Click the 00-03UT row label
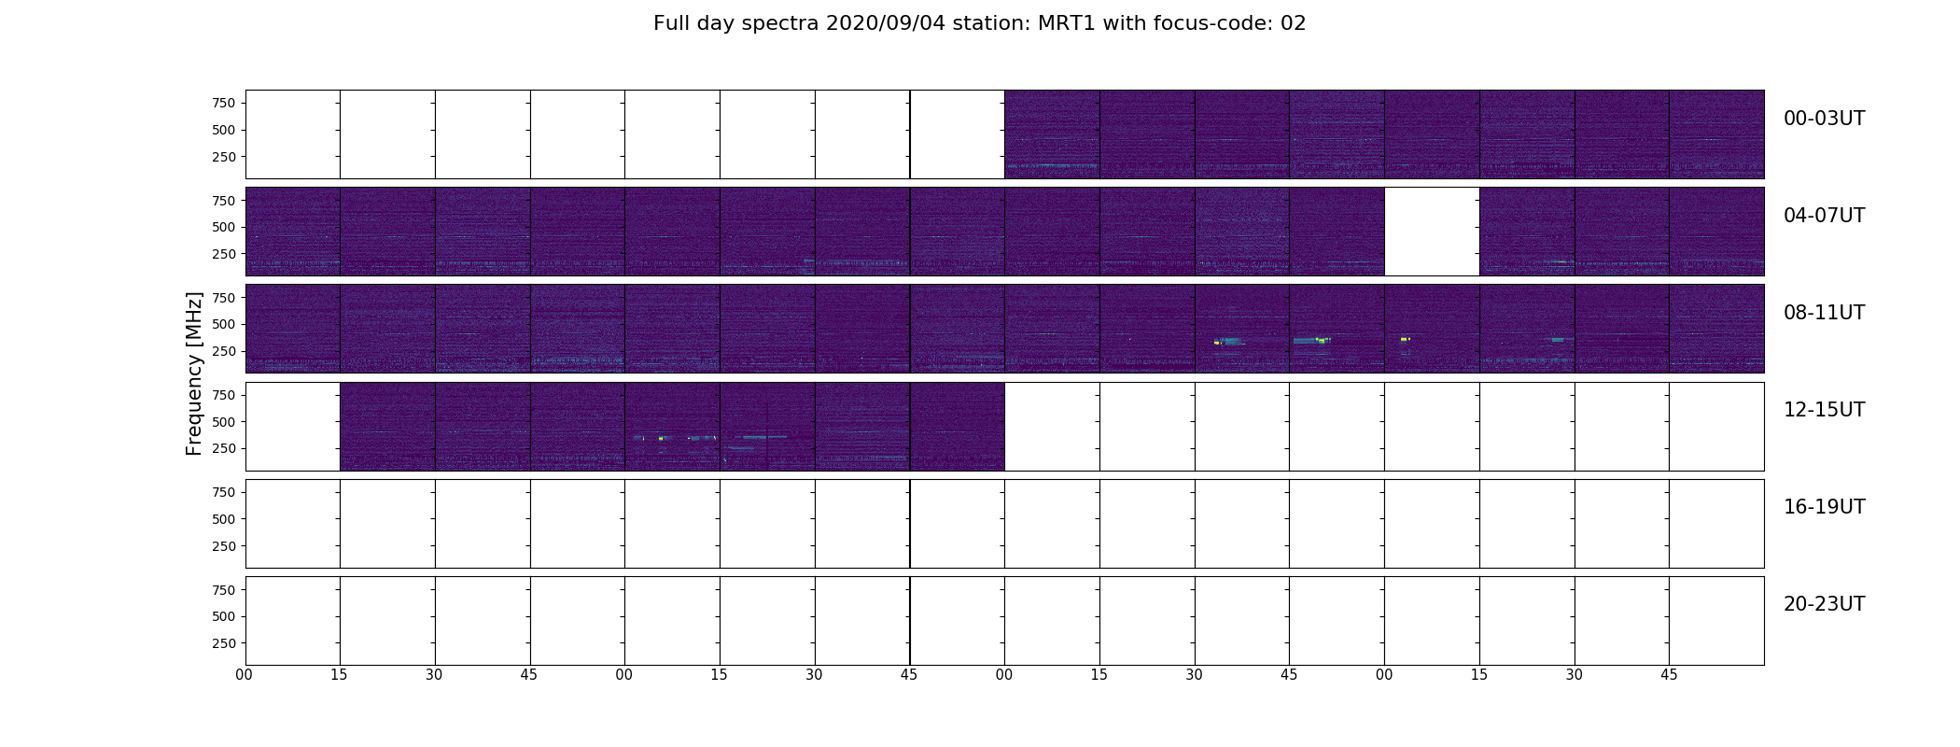coord(1824,119)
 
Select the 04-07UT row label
coord(1824,216)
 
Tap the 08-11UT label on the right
coord(1824,313)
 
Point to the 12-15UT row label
coord(1824,410)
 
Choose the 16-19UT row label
coord(1824,507)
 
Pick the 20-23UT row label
coord(1824,604)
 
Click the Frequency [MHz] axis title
coord(194,373)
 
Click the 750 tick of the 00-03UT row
coord(223,103)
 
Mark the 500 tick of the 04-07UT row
coord(223,227)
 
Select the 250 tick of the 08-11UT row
coord(223,351)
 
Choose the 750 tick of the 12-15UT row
coord(223,395)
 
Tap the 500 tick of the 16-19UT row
coord(223,519)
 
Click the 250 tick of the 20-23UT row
coord(223,643)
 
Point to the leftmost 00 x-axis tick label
coord(245,675)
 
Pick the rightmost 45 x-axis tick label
coord(1669,675)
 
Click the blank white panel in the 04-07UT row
coord(1432,232)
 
